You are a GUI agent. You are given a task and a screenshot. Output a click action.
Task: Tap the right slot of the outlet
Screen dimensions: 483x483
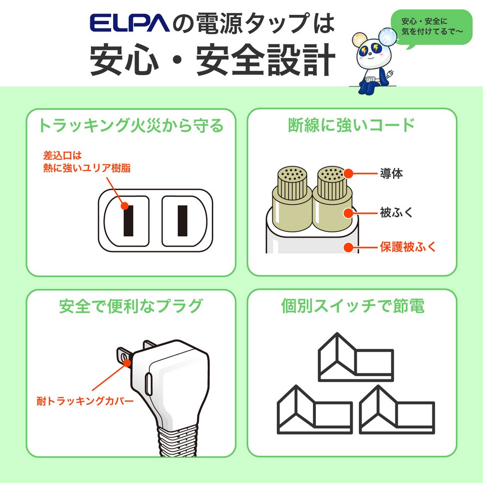point(182,220)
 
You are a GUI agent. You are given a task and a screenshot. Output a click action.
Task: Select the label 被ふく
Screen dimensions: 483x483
point(396,213)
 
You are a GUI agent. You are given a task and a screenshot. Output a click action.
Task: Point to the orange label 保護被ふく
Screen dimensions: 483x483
point(407,247)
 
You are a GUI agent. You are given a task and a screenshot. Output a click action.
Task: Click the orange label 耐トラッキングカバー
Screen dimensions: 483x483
point(85,401)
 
